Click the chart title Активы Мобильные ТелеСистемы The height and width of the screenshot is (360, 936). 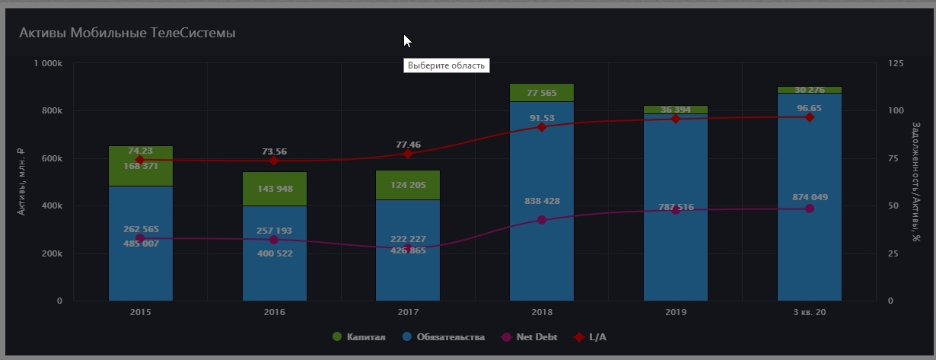[x=127, y=33]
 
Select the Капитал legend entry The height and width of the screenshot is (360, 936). [x=359, y=336]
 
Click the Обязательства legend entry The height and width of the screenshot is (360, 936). [x=443, y=336]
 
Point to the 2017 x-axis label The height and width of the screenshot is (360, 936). [x=408, y=312]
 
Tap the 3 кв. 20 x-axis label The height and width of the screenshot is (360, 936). [x=809, y=312]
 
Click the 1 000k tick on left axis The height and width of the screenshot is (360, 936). [x=48, y=63]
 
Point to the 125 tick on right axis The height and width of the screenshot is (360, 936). [x=896, y=63]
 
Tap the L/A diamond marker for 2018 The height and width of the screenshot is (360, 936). [x=541, y=127]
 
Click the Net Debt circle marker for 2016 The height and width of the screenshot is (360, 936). [x=274, y=240]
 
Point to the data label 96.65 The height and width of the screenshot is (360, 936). [x=809, y=109]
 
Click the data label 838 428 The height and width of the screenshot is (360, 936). [x=541, y=201]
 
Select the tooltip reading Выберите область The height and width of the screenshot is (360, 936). [x=446, y=65]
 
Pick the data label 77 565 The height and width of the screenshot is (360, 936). [x=541, y=94]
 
